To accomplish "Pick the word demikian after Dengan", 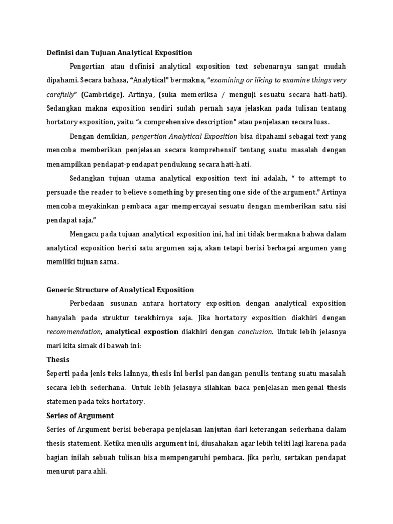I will (x=110, y=136).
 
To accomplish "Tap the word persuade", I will (x=62, y=192).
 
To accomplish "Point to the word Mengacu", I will (x=85, y=234).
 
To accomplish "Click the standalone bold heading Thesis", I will (x=57, y=359).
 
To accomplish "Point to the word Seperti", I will (x=58, y=374).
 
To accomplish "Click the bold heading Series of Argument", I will (x=80, y=416).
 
